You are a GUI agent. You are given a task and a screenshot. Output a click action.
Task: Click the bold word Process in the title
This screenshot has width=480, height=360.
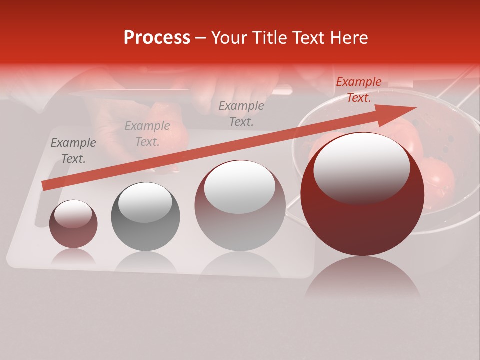pos(157,38)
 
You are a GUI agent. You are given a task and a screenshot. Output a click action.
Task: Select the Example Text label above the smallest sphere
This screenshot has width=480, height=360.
pos(73,151)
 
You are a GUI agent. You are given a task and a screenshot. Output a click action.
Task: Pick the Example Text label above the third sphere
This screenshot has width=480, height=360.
pos(241,113)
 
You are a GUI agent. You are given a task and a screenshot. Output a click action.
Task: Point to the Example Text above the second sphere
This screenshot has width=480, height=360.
pos(147,134)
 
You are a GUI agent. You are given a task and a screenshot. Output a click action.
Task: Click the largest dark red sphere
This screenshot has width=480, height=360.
pos(362,220)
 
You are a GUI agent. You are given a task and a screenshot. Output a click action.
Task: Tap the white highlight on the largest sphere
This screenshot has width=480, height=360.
pos(361,167)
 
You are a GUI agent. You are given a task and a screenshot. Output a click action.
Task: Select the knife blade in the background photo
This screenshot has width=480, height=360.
pos(130,93)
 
